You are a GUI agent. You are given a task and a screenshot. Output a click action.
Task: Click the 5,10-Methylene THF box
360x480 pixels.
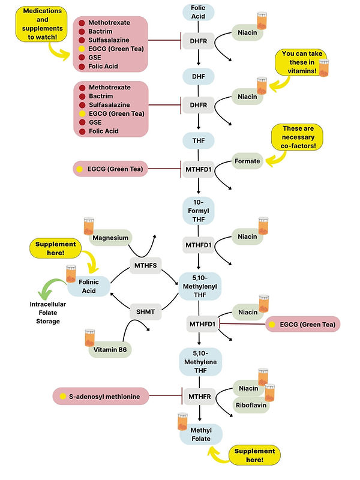pyautogui.click(x=201, y=362)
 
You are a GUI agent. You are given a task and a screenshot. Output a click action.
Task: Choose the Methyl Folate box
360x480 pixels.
pyautogui.click(x=201, y=433)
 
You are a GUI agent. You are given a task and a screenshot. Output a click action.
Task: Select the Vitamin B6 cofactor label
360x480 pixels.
pyautogui.click(x=112, y=350)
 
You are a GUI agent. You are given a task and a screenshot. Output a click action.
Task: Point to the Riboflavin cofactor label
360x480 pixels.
pyautogui.click(x=252, y=404)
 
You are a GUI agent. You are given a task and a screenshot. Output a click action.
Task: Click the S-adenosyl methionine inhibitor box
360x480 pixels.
pyautogui.click(x=101, y=396)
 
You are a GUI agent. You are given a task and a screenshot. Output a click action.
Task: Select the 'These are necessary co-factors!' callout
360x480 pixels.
pyautogui.click(x=298, y=138)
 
